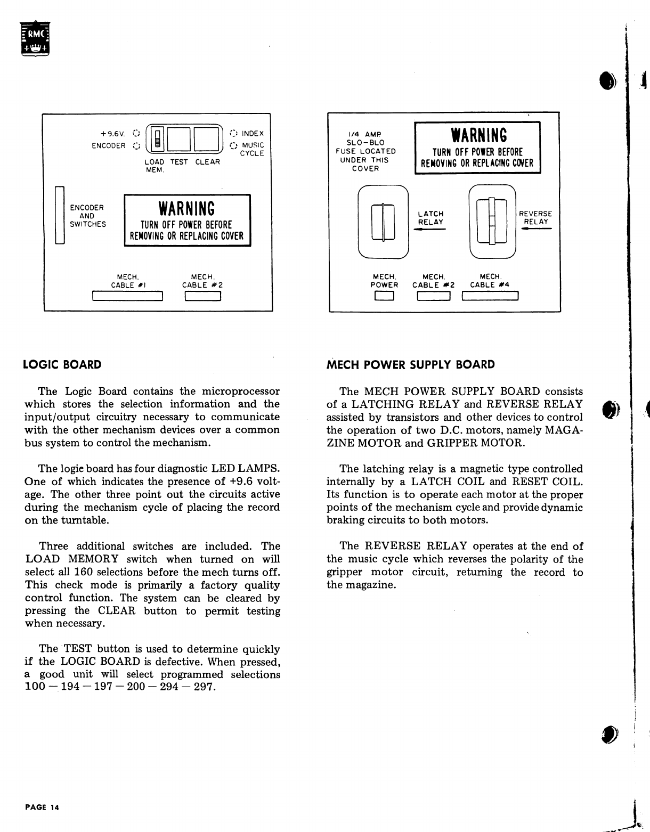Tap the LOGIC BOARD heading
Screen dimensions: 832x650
63,365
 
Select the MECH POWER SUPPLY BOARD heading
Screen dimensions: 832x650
411,365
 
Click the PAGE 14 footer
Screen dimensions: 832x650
42,807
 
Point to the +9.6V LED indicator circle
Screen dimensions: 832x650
136,133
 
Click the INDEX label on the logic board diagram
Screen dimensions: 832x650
253,133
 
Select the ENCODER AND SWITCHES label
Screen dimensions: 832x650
88,216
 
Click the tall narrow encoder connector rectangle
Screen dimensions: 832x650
60,215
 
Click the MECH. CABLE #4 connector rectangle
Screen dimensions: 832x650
490,296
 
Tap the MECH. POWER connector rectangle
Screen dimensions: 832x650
384,296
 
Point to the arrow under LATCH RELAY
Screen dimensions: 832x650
429,229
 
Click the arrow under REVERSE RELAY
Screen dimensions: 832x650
536,229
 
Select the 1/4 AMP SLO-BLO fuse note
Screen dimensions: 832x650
368,151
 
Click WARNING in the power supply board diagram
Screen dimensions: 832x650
478,135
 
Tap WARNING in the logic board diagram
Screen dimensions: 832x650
186,208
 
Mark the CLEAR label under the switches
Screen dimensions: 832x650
207,162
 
